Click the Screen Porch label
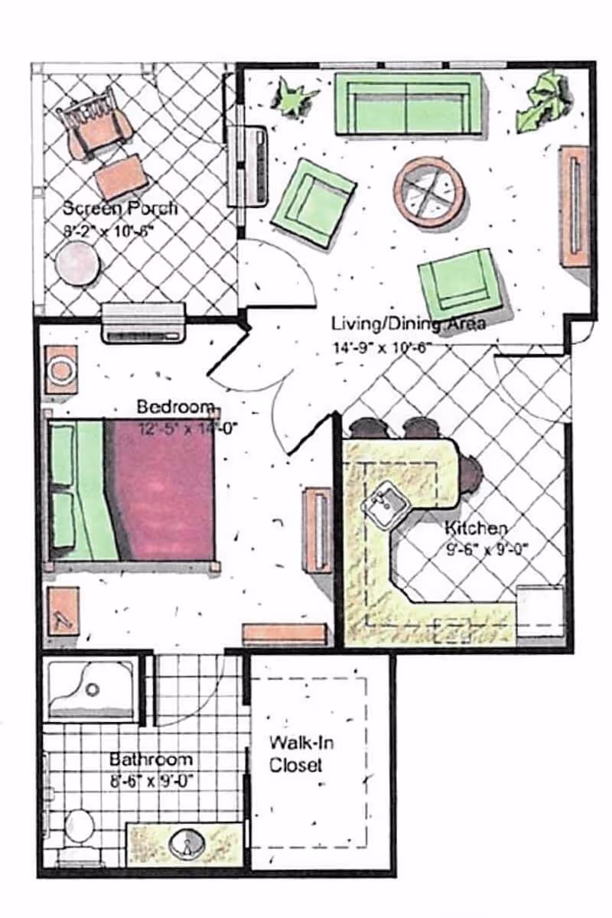click(119, 207)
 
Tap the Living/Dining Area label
click(408, 323)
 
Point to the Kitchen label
click(476, 528)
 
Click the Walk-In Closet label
click(301, 754)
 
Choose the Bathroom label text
click(151, 760)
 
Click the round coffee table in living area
click(429, 191)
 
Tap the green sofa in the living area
click(408, 104)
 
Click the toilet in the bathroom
click(79, 826)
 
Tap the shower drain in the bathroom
click(93, 689)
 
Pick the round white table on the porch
click(78, 263)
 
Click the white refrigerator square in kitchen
click(540, 610)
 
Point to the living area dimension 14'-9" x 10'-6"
click(382, 346)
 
